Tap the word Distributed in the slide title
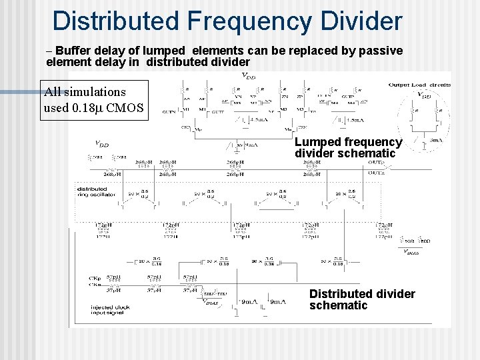pyautogui.click(x=115, y=21)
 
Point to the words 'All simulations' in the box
pyautogui.click(x=85, y=92)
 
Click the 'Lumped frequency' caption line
pyautogui.click(x=348, y=142)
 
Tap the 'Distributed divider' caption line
pyautogui.click(x=362, y=294)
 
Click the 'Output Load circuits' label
pyautogui.click(x=419, y=85)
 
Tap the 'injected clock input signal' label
pyautogui.click(x=110, y=311)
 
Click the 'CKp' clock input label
pyautogui.click(x=94, y=277)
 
